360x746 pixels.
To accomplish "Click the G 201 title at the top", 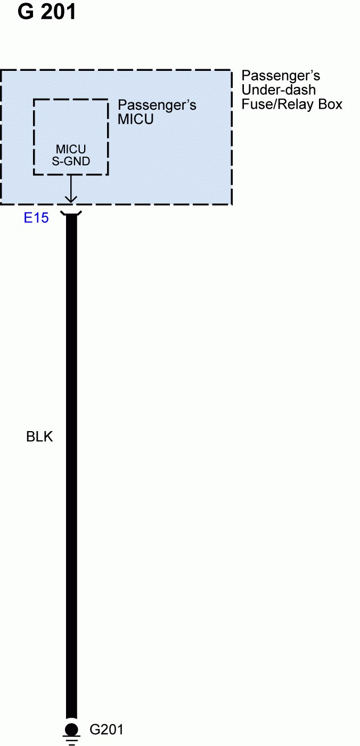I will [47, 12].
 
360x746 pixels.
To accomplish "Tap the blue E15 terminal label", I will [36, 217].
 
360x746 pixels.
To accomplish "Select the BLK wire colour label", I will [39, 437].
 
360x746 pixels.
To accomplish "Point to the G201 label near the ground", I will [107, 729].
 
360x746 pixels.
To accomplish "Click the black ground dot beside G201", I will [71, 729].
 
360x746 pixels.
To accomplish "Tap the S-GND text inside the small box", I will [71, 161].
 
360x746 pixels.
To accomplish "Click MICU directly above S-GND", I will [71, 150].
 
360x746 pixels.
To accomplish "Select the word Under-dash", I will [279, 90].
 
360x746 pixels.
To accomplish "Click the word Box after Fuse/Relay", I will [330, 104].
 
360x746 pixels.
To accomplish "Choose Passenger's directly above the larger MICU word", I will [157, 104].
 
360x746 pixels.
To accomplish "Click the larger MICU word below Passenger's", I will [135, 119].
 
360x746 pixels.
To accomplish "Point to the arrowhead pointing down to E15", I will [71, 199].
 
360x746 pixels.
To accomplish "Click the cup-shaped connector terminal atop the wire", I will [71, 214].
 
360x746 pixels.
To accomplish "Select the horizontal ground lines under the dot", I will [71, 740].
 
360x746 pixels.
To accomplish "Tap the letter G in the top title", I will [26, 12].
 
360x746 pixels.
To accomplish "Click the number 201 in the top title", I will [58, 12].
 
